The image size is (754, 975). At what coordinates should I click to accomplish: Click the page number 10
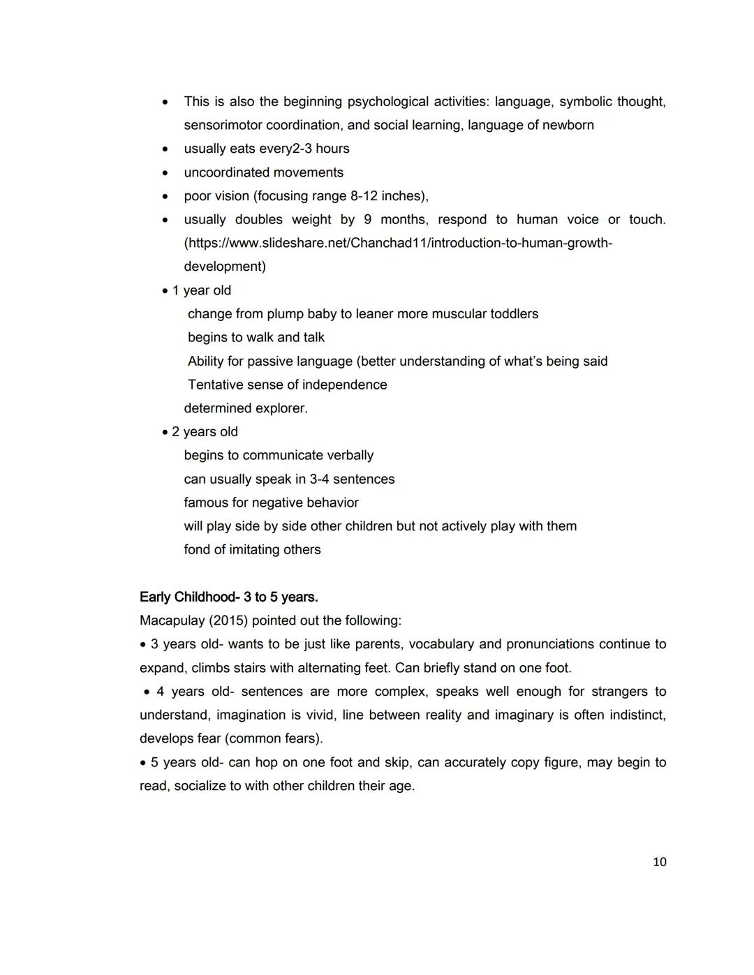(659, 862)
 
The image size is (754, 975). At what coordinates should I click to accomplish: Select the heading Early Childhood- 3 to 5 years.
(228, 597)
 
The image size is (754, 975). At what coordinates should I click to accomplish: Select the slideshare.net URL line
(398, 243)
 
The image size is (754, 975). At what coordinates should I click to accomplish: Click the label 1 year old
(201, 290)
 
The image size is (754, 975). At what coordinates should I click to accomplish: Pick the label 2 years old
(205, 432)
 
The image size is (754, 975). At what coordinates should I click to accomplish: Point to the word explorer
(281, 408)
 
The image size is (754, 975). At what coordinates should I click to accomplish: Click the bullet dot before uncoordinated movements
(165, 173)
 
